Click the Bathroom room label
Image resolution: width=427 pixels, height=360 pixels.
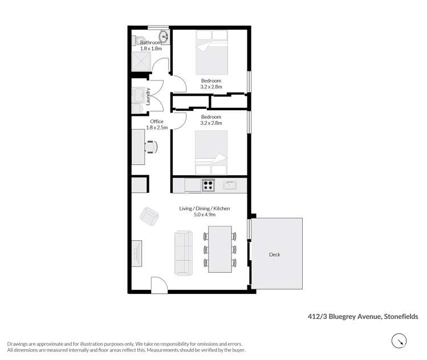151,43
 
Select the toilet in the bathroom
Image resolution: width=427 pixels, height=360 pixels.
136,41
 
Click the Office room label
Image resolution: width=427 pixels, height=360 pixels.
156,122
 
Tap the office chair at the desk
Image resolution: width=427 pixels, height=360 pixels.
151,147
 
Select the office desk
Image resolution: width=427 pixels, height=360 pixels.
137,147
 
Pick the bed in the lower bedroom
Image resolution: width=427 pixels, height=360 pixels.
211,153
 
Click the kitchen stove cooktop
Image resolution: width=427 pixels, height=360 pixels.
208,185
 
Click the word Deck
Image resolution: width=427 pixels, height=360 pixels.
275,254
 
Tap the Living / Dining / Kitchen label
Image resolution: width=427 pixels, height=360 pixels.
205,209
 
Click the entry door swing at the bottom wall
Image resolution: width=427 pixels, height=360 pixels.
158,284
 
